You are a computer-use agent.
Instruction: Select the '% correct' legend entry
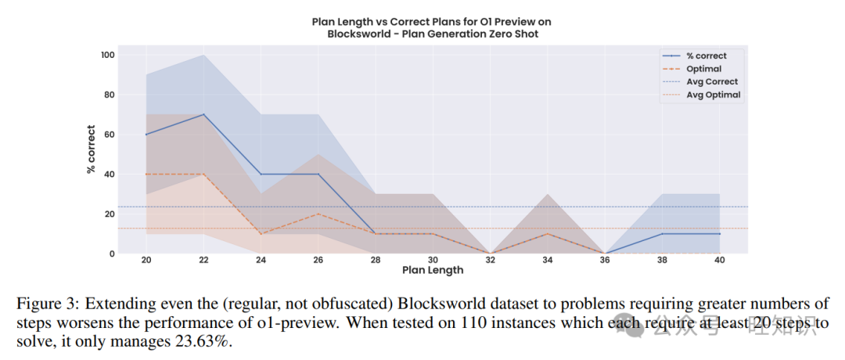click(x=706, y=56)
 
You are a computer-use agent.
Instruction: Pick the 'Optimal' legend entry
click(x=703, y=69)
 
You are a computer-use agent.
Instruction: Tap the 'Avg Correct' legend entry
click(x=712, y=81)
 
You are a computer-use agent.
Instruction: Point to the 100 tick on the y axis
click(x=107, y=55)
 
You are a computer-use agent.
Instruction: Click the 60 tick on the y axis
click(x=110, y=135)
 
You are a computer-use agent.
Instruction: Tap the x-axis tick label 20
click(x=146, y=260)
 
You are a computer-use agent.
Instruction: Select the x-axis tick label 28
click(x=375, y=260)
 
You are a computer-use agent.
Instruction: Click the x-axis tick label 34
click(x=547, y=260)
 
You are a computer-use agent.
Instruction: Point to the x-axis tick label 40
click(x=719, y=260)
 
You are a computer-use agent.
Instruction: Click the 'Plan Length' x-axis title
click(x=432, y=271)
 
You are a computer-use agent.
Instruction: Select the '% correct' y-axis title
click(x=91, y=149)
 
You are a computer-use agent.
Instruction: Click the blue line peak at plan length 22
click(x=203, y=114)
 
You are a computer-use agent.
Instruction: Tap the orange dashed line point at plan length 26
click(x=318, y=214)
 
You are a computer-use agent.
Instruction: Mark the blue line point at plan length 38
click(x=662, y=233)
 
